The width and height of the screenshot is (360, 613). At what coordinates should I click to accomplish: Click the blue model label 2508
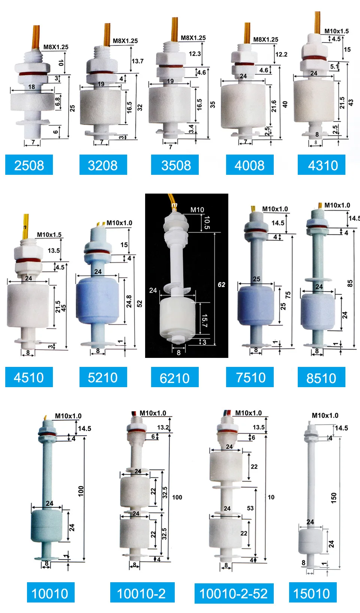click(x=29, y=165)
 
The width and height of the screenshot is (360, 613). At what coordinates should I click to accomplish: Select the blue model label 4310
click(x=321, y=165)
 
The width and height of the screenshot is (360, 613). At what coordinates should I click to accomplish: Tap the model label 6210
click(x=175, y=378)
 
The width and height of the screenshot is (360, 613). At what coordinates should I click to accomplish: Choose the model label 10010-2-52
click(x=234, y=593)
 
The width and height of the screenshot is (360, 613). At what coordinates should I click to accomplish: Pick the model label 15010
click(x=312, y=593)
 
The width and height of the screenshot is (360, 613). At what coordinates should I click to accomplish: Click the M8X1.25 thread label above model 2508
click(x=56, y=47)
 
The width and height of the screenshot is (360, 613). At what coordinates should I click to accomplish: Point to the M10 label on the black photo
click(x=197, y=210)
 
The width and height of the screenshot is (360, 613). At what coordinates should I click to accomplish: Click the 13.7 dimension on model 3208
click(x=137, y=61)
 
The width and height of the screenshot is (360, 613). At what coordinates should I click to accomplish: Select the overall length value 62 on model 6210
click(x=222, y=284)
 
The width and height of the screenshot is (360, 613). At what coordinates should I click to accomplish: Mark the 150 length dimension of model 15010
click(x=334, y=498)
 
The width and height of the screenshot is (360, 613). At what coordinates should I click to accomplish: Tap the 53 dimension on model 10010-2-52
click(x=250, y=508)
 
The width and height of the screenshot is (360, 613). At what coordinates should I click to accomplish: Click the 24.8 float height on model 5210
click(x=129, y=301)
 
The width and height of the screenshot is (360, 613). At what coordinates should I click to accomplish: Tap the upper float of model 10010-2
click(x=135, y=491)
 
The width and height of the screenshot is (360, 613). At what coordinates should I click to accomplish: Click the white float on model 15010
click(x=310, y=542)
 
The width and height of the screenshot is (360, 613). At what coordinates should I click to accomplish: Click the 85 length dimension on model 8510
click(x=350, y=283)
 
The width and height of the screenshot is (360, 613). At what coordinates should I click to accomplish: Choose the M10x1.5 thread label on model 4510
click(x=49, y=234)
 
